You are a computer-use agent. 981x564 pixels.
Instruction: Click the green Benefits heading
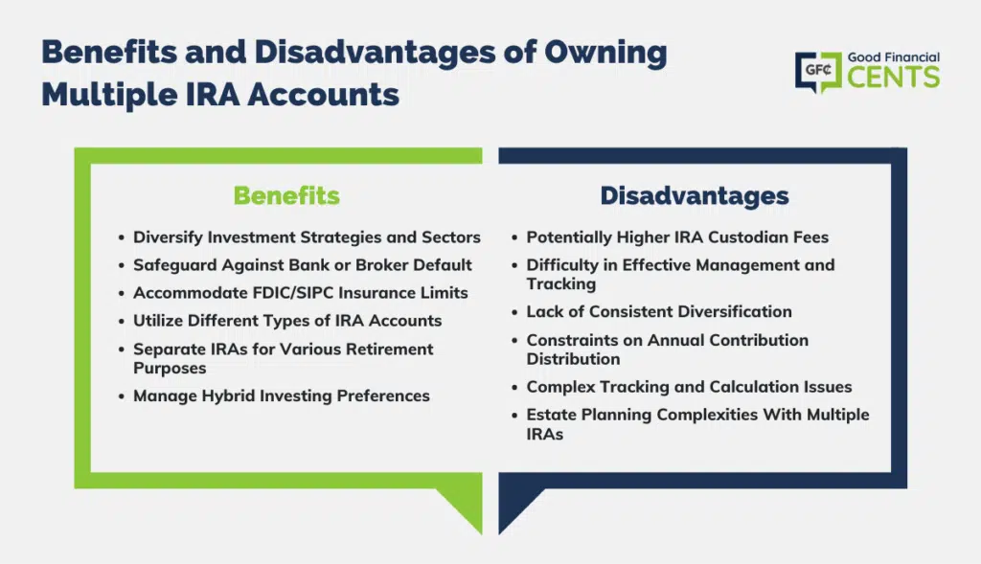tap(286, 195)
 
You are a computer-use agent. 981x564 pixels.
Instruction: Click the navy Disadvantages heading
tap(695, 195)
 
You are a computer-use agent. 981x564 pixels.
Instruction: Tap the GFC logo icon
tap(818, 72)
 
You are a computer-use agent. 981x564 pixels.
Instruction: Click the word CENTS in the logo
tap(894, 78)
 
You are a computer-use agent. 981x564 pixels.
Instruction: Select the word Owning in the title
tap(605, 53)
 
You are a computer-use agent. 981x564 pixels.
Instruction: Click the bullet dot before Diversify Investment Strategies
tap(122, 238)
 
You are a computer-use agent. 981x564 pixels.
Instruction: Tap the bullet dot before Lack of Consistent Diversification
tap(514, 312)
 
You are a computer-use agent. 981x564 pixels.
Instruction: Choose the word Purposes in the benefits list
tap(170, 369)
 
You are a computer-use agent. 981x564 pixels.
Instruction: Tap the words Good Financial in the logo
tap(894, 57)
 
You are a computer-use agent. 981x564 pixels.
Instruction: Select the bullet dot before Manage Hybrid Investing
tap(122, 397)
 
